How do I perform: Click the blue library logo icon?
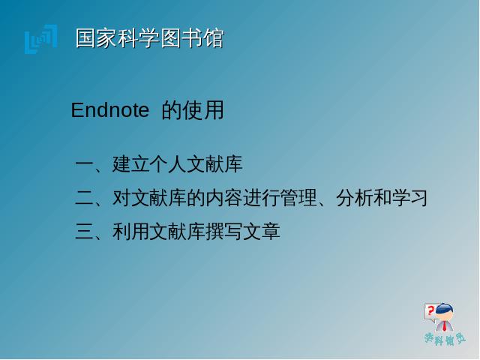[40, 39]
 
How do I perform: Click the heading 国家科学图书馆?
[150, 38]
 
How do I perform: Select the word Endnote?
[110, 110]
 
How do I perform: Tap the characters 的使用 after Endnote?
[193, 110]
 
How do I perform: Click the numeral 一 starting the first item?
[84, 163]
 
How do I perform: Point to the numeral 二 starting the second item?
[84, 198]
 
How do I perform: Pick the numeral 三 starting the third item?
[84, 232]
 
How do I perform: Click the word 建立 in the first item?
[131, 163]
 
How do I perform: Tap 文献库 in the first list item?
[214, 163]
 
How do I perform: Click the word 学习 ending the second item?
[409, 198]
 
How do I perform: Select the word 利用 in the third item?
[131, 232]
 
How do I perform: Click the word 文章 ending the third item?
[262, 232]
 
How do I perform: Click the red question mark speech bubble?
[430, 312]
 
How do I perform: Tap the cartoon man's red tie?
[444, 326]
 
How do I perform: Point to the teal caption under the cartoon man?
[445, 339]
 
